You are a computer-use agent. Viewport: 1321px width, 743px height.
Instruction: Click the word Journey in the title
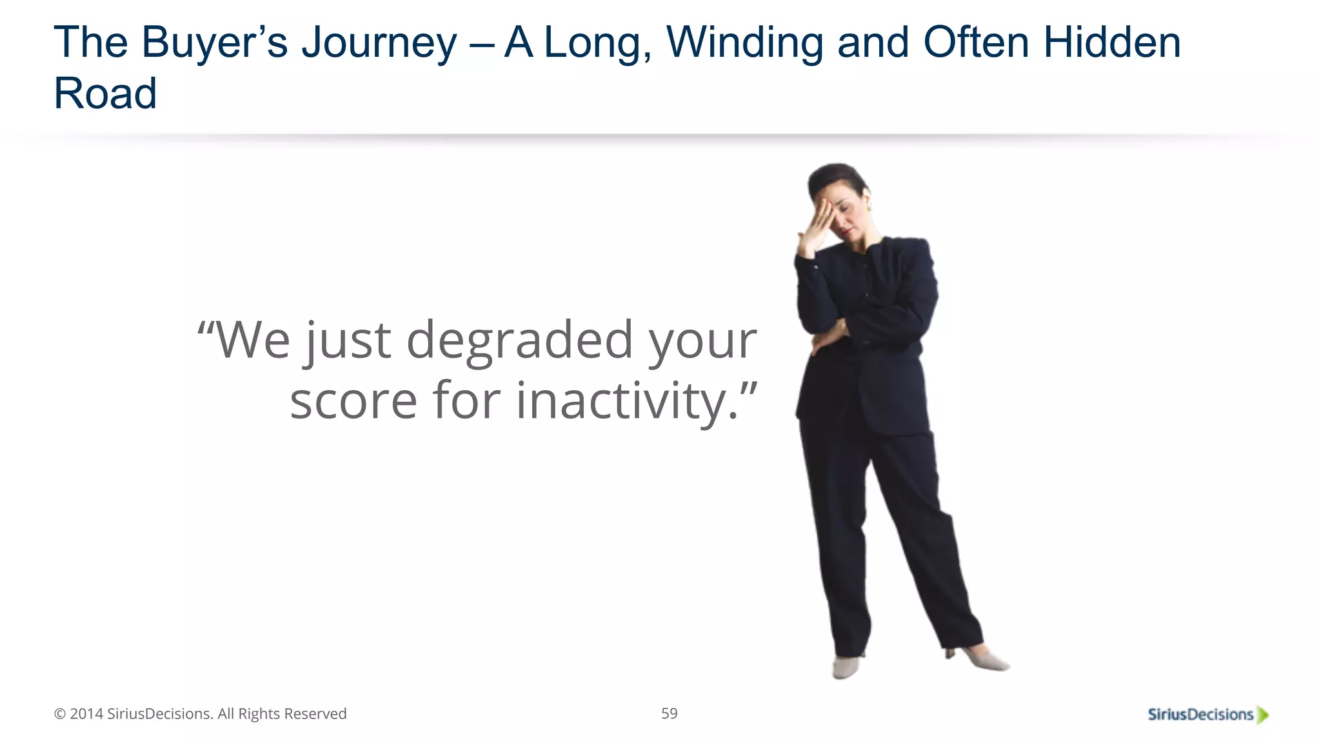point(379,44)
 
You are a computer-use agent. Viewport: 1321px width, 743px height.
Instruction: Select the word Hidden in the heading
point(1112,43)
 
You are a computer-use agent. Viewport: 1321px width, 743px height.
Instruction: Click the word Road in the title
point(105,94)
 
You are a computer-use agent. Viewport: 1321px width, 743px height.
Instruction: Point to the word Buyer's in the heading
point(215,44)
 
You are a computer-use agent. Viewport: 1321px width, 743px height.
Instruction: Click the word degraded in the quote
point(519,341)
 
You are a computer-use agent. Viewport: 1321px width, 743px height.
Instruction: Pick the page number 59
point(669,713)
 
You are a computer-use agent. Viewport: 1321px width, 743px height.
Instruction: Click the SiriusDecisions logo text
point(1200,715)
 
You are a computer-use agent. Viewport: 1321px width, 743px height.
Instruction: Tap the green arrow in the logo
point(1263,715)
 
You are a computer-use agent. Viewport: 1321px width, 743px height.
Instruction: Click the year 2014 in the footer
point(86,714)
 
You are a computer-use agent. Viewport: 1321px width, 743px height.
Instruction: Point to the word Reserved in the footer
point(315,714)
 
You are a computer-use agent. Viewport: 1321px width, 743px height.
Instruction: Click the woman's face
point(850,216)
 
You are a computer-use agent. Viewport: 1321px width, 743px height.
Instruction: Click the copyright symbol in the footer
point(60,714)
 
